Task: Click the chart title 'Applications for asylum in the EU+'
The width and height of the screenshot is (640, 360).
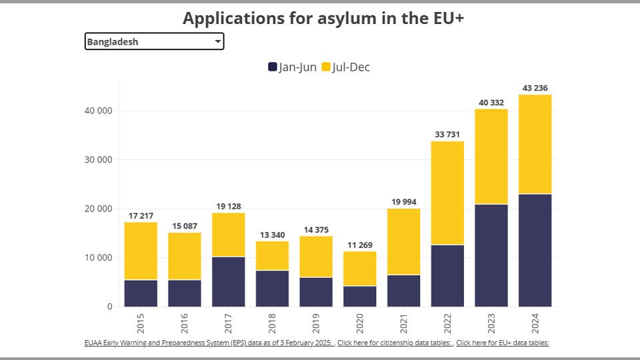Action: point(323,18)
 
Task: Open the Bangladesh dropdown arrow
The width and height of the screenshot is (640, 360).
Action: point(217,42)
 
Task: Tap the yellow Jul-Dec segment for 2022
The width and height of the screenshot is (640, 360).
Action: point(447,193)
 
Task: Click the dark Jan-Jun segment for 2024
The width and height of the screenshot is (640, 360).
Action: point(535,250)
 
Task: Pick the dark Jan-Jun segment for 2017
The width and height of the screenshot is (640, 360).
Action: point(229,281)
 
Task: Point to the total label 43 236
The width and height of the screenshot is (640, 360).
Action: point(535,88)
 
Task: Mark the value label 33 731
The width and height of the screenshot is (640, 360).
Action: point(447,135)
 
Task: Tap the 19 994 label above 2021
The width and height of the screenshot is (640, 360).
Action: point(403,202)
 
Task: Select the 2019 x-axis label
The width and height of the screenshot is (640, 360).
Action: point(316,323)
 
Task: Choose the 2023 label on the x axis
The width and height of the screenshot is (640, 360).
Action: point(491,323)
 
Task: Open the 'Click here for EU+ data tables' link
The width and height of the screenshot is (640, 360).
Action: point(503,343)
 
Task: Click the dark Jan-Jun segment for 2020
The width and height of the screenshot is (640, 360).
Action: point(360,296)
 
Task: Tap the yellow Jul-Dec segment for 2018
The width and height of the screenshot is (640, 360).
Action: point(272,255)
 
